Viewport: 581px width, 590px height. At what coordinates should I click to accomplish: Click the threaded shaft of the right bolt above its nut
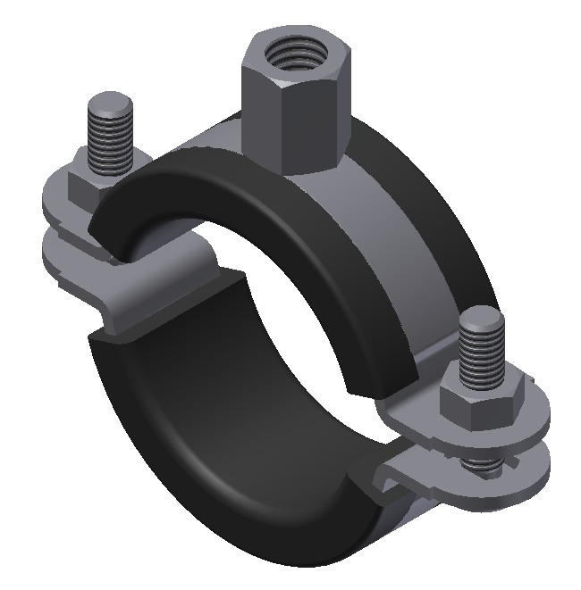[484, 353]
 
